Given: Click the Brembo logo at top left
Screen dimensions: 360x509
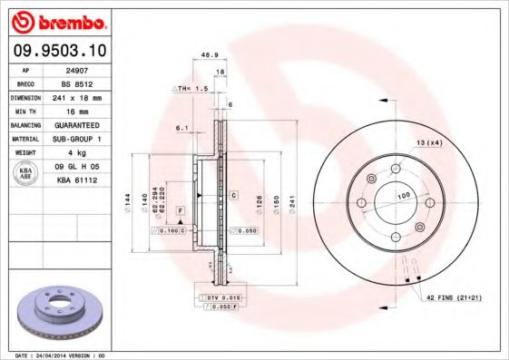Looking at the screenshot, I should click(x=56, y=21).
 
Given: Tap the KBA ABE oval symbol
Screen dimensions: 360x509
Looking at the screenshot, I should click(x=26, y=173).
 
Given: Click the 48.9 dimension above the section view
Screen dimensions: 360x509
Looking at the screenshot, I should click(x=207, y=56).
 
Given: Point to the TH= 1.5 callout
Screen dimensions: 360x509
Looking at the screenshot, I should click(x=191, y=88).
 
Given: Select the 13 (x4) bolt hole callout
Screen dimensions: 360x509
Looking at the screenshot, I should click(x=429, y=142).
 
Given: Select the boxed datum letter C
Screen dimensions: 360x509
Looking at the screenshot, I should click(x=233, y=195).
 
